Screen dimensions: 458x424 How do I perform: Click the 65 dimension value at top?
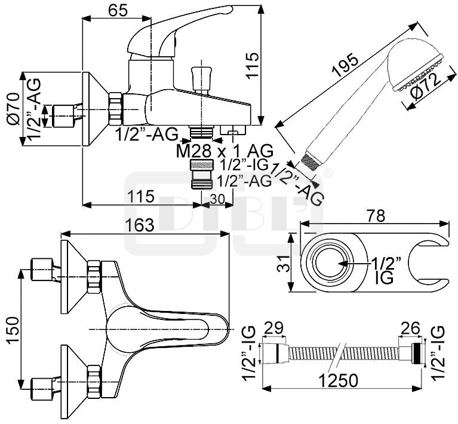coord(118,10)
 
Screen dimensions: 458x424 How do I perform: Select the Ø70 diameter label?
coord(14,109)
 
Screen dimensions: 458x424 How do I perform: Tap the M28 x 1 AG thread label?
coord(225,151)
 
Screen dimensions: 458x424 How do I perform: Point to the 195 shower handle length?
coord(346,65)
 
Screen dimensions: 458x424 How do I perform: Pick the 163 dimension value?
coord(139,225)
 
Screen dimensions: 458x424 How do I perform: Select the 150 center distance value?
coord(14,330)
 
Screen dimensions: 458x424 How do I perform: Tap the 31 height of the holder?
coord(282,263)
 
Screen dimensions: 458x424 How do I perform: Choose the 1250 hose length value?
coord(337,380)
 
